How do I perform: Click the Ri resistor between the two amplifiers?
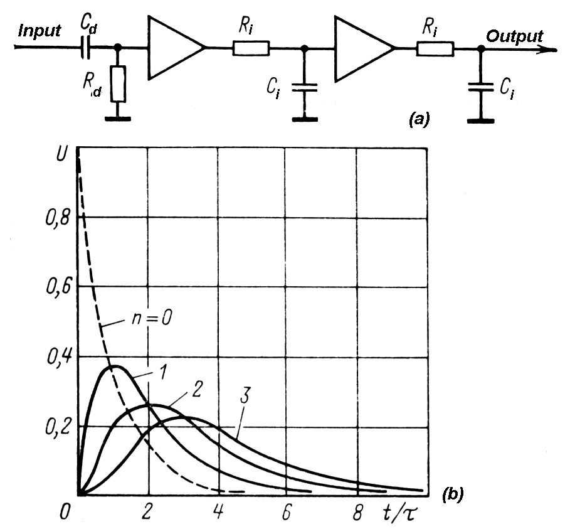(x=251, y=48)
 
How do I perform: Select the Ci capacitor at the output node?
(x=481, y=88)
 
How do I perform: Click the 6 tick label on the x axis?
(x=287, y=512)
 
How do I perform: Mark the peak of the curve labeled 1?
(x=113, y=366)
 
